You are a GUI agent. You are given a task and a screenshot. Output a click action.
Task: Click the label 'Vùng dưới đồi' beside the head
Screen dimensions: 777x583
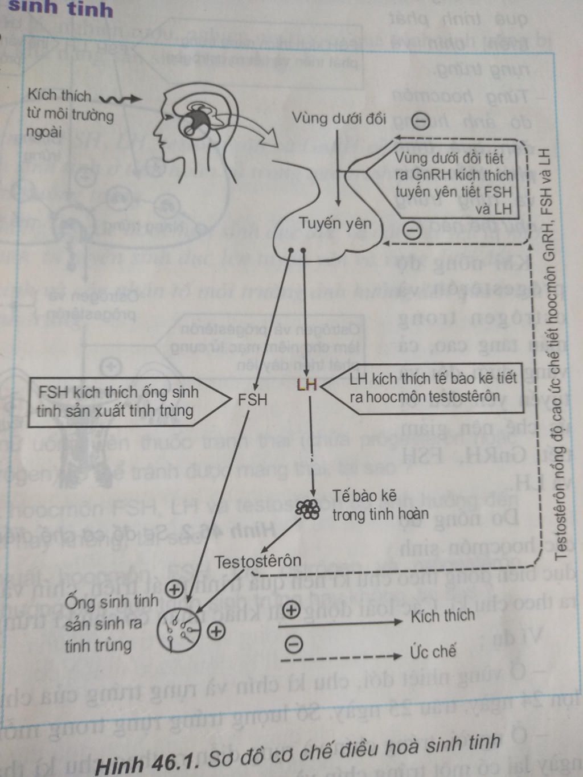338,118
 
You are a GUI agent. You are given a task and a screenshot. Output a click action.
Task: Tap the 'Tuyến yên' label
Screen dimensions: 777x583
335,223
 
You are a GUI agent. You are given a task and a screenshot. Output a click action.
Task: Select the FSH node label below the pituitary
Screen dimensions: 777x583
252,399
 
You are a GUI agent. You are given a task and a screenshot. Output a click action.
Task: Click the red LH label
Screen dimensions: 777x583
307,385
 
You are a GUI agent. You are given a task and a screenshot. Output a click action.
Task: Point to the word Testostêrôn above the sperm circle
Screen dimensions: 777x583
257,561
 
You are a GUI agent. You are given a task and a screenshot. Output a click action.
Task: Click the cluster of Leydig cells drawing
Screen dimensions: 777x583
308,509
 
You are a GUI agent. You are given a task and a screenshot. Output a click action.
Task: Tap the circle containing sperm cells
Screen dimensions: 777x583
179,629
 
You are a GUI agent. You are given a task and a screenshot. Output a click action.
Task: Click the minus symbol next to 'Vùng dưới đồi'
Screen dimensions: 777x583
420,121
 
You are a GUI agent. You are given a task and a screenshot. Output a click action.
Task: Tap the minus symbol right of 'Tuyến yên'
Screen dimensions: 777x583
412,230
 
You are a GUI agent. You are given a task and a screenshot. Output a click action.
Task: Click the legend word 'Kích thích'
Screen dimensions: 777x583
442,615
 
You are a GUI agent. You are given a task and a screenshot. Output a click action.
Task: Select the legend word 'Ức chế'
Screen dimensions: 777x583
433,651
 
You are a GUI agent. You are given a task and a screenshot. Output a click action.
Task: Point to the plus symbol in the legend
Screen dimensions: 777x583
291,610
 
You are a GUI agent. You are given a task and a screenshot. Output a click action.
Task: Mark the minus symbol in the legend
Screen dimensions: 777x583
293,644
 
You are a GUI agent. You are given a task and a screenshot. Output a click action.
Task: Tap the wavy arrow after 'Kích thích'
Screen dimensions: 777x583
120,99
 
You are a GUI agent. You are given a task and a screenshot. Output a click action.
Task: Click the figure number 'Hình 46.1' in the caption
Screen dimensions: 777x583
147,763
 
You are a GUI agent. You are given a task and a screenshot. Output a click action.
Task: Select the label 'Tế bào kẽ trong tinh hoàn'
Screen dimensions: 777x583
380,505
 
